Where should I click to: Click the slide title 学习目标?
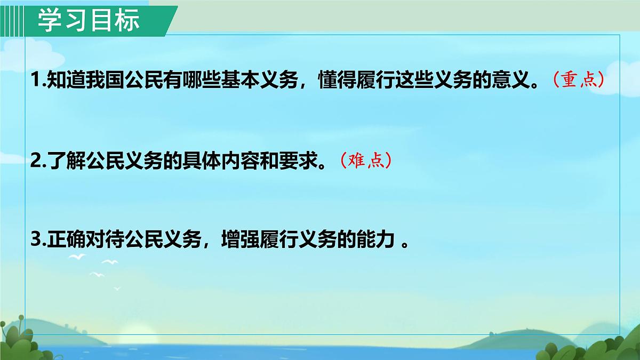[89, 20]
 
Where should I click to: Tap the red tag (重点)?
[578, 81]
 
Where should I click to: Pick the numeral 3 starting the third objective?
[36, 240]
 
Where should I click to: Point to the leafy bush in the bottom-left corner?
[21, 341]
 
